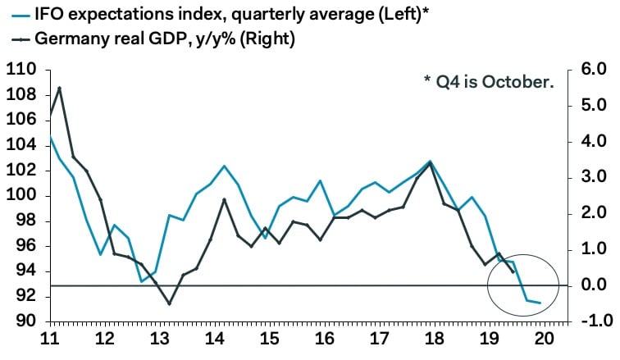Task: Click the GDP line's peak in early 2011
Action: (60, 88)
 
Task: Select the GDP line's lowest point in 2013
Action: (170, 304)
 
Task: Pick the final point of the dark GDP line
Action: (513, 272)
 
